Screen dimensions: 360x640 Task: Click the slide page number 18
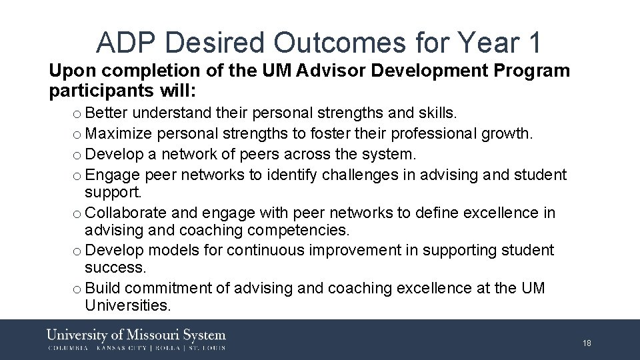click(x=587, y=343)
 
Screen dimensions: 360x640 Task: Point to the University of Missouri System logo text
click(x=137, y=335)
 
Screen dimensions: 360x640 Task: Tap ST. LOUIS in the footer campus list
click(x=207, y=348)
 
